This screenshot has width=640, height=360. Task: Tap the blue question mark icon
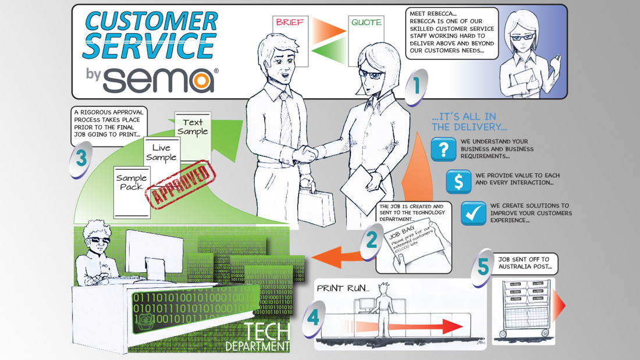point(443,149)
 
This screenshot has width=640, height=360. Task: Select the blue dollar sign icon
point(458,181)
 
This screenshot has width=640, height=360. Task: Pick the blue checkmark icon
point(474,213)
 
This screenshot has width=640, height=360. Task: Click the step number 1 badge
point(417,87)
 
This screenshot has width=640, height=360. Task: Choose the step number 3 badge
point(81,158)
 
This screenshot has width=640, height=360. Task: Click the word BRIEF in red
point(290,23)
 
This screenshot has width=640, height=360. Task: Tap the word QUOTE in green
point(366,23)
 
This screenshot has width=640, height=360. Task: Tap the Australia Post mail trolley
point(524,309)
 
